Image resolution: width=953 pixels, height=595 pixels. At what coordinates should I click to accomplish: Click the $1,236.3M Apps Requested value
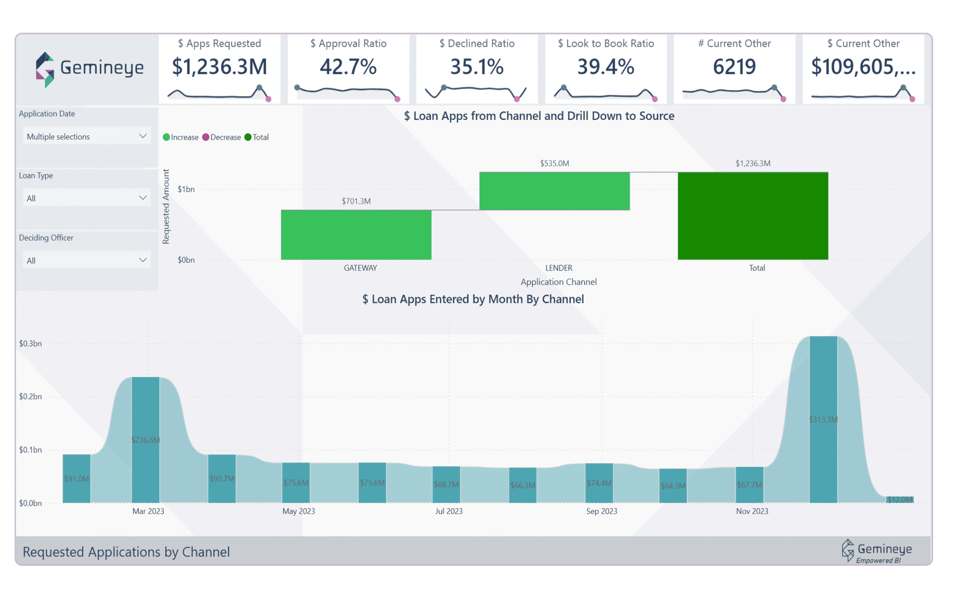tap(220, 67)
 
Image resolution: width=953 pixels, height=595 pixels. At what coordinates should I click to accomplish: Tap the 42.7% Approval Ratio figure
tap(348, 67)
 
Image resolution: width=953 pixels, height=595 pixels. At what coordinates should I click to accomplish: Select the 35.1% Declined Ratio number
tap(477, 67)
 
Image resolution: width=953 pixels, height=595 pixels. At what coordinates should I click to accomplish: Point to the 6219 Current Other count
tap(734, 67)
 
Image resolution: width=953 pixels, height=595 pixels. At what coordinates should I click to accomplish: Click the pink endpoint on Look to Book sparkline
tap(655, 99)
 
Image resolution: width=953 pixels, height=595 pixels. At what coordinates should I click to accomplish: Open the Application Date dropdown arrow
tap(143, 136)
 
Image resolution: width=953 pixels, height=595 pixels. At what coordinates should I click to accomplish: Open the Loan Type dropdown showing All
tap(87, 198)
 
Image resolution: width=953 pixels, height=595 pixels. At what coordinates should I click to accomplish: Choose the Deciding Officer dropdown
tap(87, 260)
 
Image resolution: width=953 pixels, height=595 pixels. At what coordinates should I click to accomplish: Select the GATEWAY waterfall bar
tap(356, 234)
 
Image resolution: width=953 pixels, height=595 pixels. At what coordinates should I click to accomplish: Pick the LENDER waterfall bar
tap(554, 191)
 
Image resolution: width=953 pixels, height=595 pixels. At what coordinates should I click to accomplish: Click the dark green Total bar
tap(752, 216)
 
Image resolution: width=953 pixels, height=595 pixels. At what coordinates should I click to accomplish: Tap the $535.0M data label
tap(554, 163)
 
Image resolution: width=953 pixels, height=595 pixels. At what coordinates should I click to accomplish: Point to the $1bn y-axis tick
tap(186, 189)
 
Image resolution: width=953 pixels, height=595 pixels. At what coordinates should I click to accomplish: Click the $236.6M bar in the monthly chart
tap(146, 440)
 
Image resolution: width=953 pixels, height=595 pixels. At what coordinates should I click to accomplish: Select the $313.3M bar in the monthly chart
tap(823, 419)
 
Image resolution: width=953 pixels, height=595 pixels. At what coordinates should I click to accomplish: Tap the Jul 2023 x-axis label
tap(449, 511)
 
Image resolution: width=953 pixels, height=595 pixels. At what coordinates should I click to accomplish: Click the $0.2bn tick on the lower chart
tap(30, 396)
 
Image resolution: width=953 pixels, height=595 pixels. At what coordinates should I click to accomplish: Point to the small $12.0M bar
tap(899, 500)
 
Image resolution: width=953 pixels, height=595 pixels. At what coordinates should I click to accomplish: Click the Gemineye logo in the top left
tap(90, 69)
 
